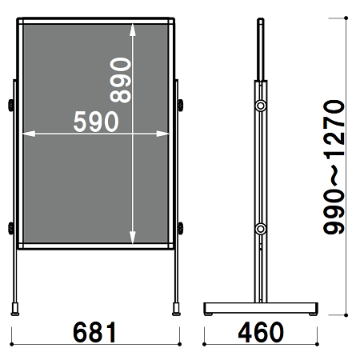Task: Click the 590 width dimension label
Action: pyautogui.click(x=96, y=122)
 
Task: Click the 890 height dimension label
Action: pyautogui.click(x=121, y=80)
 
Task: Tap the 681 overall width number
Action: pyautogui.click(x=94, y=332)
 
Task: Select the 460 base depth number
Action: pyautogui.click(x=261, y=332)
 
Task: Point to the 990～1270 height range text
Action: pyautogui.click(x=334, y=167)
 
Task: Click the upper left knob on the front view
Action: pyautogui.click(x=11, y=106)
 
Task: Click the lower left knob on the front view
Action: pyautogui.click(x=11, y=228)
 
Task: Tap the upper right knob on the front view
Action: pyautogui.click(x=181, y=106)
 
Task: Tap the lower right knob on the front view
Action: pyautogui.click(x=181, y=228)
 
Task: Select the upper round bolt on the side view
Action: pyautogui.click(x=261, y=106)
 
